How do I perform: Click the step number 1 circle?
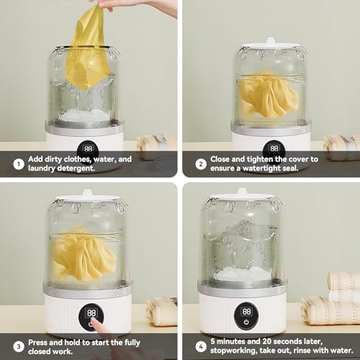click(x=19, y=164)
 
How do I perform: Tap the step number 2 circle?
click(x=201, y=164)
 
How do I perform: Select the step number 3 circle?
click(x=19, y=346)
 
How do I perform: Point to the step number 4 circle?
click(x=201, y=346)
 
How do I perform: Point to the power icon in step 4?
click(x=246, y=322)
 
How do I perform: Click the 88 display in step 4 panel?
click(x=246, y=312)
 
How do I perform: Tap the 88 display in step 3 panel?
click(x=91, y=313)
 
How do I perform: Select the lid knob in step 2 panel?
click(x=271, y=41)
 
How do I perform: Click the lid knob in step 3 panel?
click(x=87, y=193)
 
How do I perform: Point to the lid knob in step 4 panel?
click(x=242, y=192)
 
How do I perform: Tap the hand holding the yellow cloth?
click(x=135, y=6)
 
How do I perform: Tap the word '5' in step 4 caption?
click(x=212, y=341)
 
